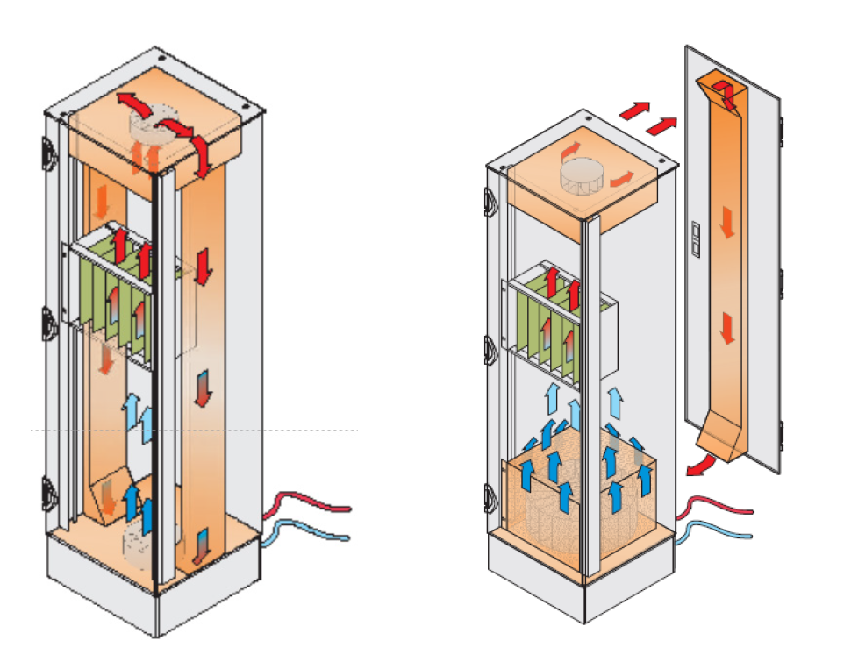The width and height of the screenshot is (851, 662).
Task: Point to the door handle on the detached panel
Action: click(x=698, y=237)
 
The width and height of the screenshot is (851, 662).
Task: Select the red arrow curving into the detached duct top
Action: click(x=721, y=89)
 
